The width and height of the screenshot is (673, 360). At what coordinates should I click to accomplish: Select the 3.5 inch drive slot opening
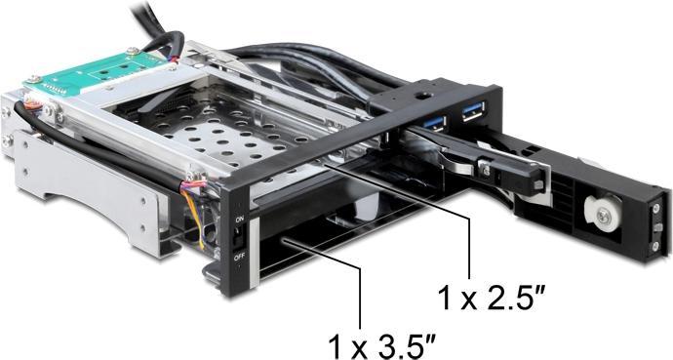[x=322, y=244]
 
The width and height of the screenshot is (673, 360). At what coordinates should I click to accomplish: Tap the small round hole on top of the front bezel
[x=421, y=95]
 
